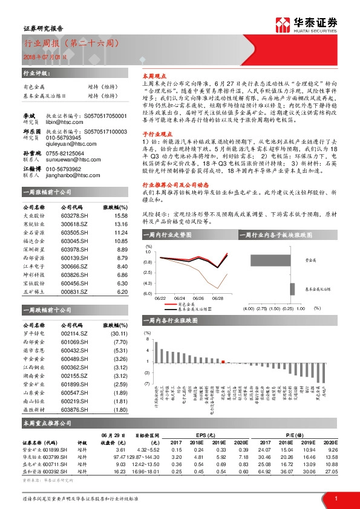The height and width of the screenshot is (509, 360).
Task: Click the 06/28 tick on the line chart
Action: coord(217,298)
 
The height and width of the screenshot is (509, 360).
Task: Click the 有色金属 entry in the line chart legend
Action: coord(192,304)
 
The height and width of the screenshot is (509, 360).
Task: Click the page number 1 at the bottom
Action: coord(335,498)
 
